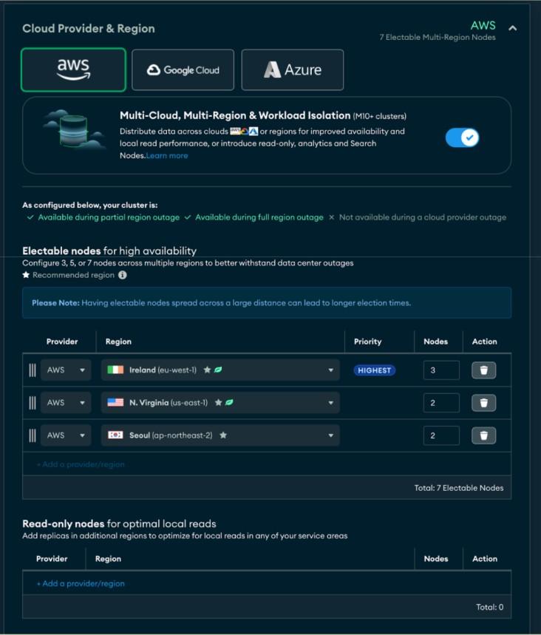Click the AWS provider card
pos(73,69)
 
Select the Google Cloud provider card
pos(183,70)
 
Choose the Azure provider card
pos(292,70)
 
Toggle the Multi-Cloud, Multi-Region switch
pos(462,137)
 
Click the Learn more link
pos(167,156)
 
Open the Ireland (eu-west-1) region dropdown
pos(220,370)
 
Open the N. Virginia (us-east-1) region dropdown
pos(220,403)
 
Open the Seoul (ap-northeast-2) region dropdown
pos(220,435)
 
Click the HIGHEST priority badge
pos(375,370)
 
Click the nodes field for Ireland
pos(441,370)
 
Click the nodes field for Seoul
pos(441,435)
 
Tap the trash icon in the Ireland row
pos(483,370)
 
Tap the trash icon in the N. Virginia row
pos(483,403)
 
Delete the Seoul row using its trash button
pos(483,435)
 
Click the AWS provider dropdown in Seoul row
pos(66,435)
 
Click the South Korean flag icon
pos(115,435)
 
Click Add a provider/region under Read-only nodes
pos(81,583)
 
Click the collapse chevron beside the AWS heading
pos(513,28)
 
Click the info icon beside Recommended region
pos(123,275)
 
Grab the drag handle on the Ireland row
pos(32,370)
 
